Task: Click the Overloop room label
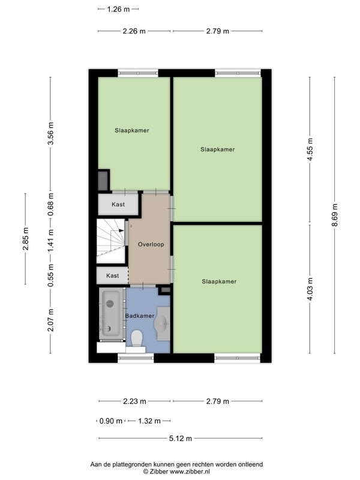[x=151, y=244]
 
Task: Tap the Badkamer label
[x=140, y=316]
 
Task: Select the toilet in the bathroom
[x=137, y=338]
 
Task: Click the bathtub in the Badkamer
[x=111, y=313]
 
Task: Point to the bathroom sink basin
[x=161, y=323]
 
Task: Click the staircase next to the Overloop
[x=111, y=241]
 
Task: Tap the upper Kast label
[x=118, y=204]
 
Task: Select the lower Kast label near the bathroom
[x=112, y=275]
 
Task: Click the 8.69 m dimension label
[x=335, y=215]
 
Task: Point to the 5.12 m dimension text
[x=181, y=439]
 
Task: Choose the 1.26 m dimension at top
[x=118, y=9]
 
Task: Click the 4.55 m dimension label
[x=310, y=149]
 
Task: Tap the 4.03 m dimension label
[x=310, y=289]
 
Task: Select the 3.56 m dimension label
[x=51, y=133]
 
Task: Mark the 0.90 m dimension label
[x=111, y=421]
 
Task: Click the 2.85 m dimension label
[x=26, y=239]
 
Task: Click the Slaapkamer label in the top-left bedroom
[x=132, y=130]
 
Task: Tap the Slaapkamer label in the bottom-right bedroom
[x=219, y=281]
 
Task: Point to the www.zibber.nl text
[x=190, y=472]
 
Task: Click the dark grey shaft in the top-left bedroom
[x=103, y=181]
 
